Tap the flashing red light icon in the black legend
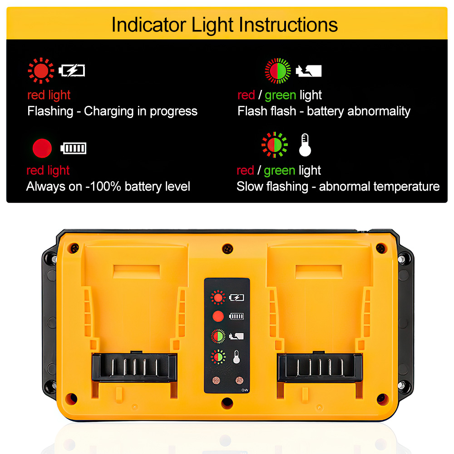coord(41,70)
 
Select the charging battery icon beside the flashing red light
coord(72,71)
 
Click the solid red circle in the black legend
coord(42,148)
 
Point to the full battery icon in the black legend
coord(73,148)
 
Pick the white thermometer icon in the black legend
coord(305,145)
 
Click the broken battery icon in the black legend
coord(309,71)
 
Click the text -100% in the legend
coord(103,187)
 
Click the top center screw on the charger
coord(227,249)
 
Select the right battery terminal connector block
coord(320,367)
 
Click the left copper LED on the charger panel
coord(216,380)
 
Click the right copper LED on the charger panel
coord(239,380)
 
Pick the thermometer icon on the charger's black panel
coord(237,357)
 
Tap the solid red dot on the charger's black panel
coord(218,316)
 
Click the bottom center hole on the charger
coord(227,403)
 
